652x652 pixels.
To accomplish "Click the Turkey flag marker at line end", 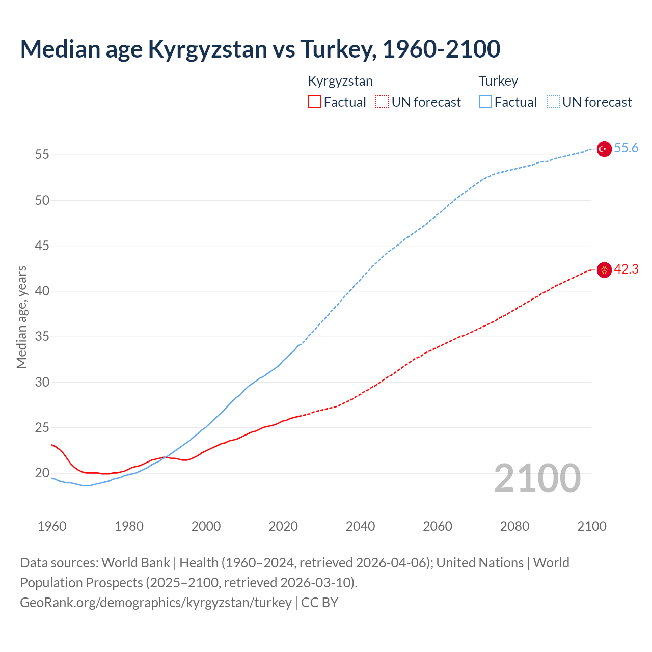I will pyautogui.click(x=604, y=149).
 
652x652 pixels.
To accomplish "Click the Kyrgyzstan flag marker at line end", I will pyautogui.click(x=604, y=270).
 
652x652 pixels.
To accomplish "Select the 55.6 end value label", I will pyautogui.click(x=626, y=148).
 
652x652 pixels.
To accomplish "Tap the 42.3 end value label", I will pyautogui.click(x=626, y=269).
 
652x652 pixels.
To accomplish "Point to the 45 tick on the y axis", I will pyautogui.click(x=42, y=246).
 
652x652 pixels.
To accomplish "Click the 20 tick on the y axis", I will pyautogui.click(x=42, y=473).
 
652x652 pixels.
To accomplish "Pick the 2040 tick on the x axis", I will pyautogui.click(x=360, y=526).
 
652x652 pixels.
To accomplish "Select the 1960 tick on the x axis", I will pyautogui.click(x=52, y=526).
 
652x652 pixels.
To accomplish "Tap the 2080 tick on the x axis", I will pyautogui.click(x=514, y=526).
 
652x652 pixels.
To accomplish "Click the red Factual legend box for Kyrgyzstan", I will pyautogui.click(x=314, y=102).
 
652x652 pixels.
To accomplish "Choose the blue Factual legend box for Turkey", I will pyautogui.click(x=485, y=102).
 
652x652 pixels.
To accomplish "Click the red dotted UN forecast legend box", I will pyautogui.click(x=382, y=102).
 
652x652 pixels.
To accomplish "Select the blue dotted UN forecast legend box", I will pyautogui.click(x=553, y=102).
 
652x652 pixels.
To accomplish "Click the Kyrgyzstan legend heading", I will pyautogui.click(x=340, y=81).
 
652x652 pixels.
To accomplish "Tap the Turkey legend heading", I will pyautogui.click(x=498, y=81).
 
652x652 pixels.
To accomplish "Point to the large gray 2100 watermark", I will pyautogui.click(x=537, y=478).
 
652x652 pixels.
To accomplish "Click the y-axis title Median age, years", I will pyautogui.click(x=22, y=317).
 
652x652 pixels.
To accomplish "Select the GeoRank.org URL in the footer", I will pyautogui.click(x=156, y=603).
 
